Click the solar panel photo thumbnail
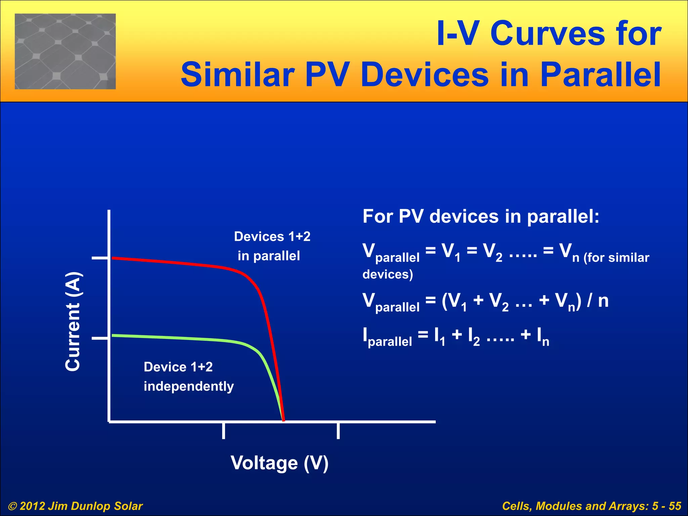65,51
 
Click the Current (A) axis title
73,321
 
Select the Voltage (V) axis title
279,463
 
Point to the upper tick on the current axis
100,258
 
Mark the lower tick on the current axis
100,338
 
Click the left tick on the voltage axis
223,431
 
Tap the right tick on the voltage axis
338,431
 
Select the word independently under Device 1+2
188,386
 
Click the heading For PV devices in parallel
481,216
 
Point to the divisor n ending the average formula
603,301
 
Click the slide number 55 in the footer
675,506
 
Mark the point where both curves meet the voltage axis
283,420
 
